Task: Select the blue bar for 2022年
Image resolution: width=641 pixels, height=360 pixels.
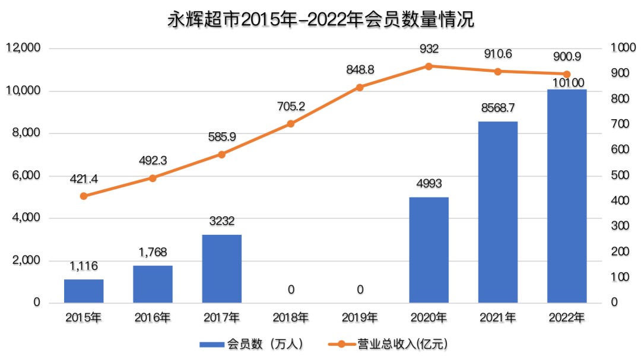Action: tap(567, 196)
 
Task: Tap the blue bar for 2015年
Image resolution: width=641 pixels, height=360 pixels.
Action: tap(84, 291)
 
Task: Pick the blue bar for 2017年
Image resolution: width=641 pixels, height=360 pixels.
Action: tap(221, 269)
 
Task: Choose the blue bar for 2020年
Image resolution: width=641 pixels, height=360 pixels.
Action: tap(429, 250)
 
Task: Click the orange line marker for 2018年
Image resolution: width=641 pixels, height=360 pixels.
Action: tap(291, 123)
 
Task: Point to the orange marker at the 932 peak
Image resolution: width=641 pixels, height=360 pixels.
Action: tap(429, 66)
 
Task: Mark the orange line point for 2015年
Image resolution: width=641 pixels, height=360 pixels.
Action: tap(84, 196)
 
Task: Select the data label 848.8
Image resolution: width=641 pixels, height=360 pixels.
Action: tap(360, 70)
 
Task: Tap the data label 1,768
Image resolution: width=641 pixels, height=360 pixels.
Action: tap(153, 252)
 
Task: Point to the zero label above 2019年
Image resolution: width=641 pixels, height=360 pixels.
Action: tap(360, 289)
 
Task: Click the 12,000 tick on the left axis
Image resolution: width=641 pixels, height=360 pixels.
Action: tap(23, 48)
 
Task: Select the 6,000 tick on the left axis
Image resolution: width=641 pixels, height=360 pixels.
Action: tap(26, 176)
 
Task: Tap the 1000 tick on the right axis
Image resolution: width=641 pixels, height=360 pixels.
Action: tap(619, 48)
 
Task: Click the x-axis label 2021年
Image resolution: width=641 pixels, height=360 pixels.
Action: tap(497, 317)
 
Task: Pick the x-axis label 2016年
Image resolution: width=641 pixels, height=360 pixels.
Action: tap(153, 317)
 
